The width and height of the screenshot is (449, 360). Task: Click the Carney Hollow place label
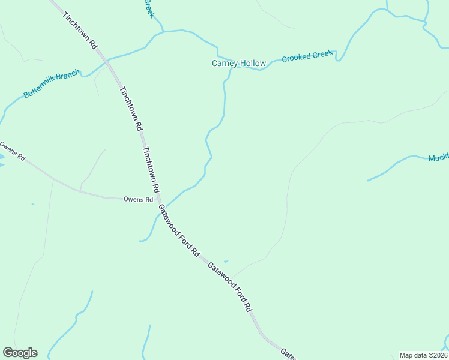[x=238, y=63]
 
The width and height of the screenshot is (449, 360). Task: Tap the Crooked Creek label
[x=307, y=56]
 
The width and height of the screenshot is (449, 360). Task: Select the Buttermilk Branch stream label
[x=52, y=85]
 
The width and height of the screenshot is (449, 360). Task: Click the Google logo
[x=20, y=352]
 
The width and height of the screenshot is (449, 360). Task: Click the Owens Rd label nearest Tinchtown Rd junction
[x=138, y=199]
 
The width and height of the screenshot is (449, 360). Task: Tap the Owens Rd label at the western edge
[x=13, y=151]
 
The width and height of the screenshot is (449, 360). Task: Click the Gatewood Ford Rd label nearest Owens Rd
[x=178, y=231]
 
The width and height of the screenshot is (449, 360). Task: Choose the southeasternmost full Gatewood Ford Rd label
[x=230, y=287]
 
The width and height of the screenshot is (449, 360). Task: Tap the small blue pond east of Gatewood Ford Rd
[x=226, y=261]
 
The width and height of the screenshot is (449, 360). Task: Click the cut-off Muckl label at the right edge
[x=438, y=158]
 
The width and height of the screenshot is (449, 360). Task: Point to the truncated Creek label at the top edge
[x=149, y=8]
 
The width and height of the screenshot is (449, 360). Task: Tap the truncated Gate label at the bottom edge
[x=289, y=354]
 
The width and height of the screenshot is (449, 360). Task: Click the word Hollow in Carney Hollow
[x=253, y=63]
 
